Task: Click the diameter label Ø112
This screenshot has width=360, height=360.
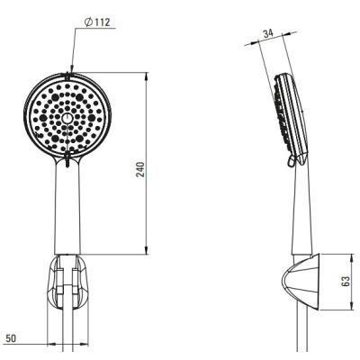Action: coord(97,22)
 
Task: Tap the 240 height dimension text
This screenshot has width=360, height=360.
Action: coord(140,169)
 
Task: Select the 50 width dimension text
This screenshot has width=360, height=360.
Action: coord(11,338)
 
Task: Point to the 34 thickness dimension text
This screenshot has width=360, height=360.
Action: coord(268,33)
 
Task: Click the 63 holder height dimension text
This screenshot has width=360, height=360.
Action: coord(346,281)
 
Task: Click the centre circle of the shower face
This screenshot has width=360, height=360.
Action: coord(67,118)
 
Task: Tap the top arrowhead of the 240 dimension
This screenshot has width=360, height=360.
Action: coord(147,76)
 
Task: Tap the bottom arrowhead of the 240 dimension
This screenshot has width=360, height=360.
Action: coord(147,250)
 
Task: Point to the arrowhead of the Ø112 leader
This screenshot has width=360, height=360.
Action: coord(71,68)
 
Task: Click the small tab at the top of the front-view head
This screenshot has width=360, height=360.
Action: coord(67,76)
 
